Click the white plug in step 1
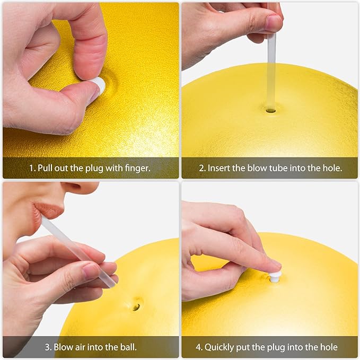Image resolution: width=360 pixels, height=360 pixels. [x=99, y=85]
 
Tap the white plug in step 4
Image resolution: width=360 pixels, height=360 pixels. [x=275, y=277]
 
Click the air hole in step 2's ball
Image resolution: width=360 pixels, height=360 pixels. [x=271, y=111]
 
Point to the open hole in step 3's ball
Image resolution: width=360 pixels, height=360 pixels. [x=136, y=307]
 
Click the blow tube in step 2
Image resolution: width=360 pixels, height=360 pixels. [x=271, y=71]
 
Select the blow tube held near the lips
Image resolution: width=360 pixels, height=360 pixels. [x=78, y=252]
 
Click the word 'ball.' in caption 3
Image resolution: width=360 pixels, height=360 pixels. [x=128, y=347]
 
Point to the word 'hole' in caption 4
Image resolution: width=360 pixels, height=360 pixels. [x=329, y=347]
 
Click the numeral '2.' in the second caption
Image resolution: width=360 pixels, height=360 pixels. [x=203, y=169]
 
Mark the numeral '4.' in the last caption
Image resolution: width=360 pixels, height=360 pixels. [x=199, y=347]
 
